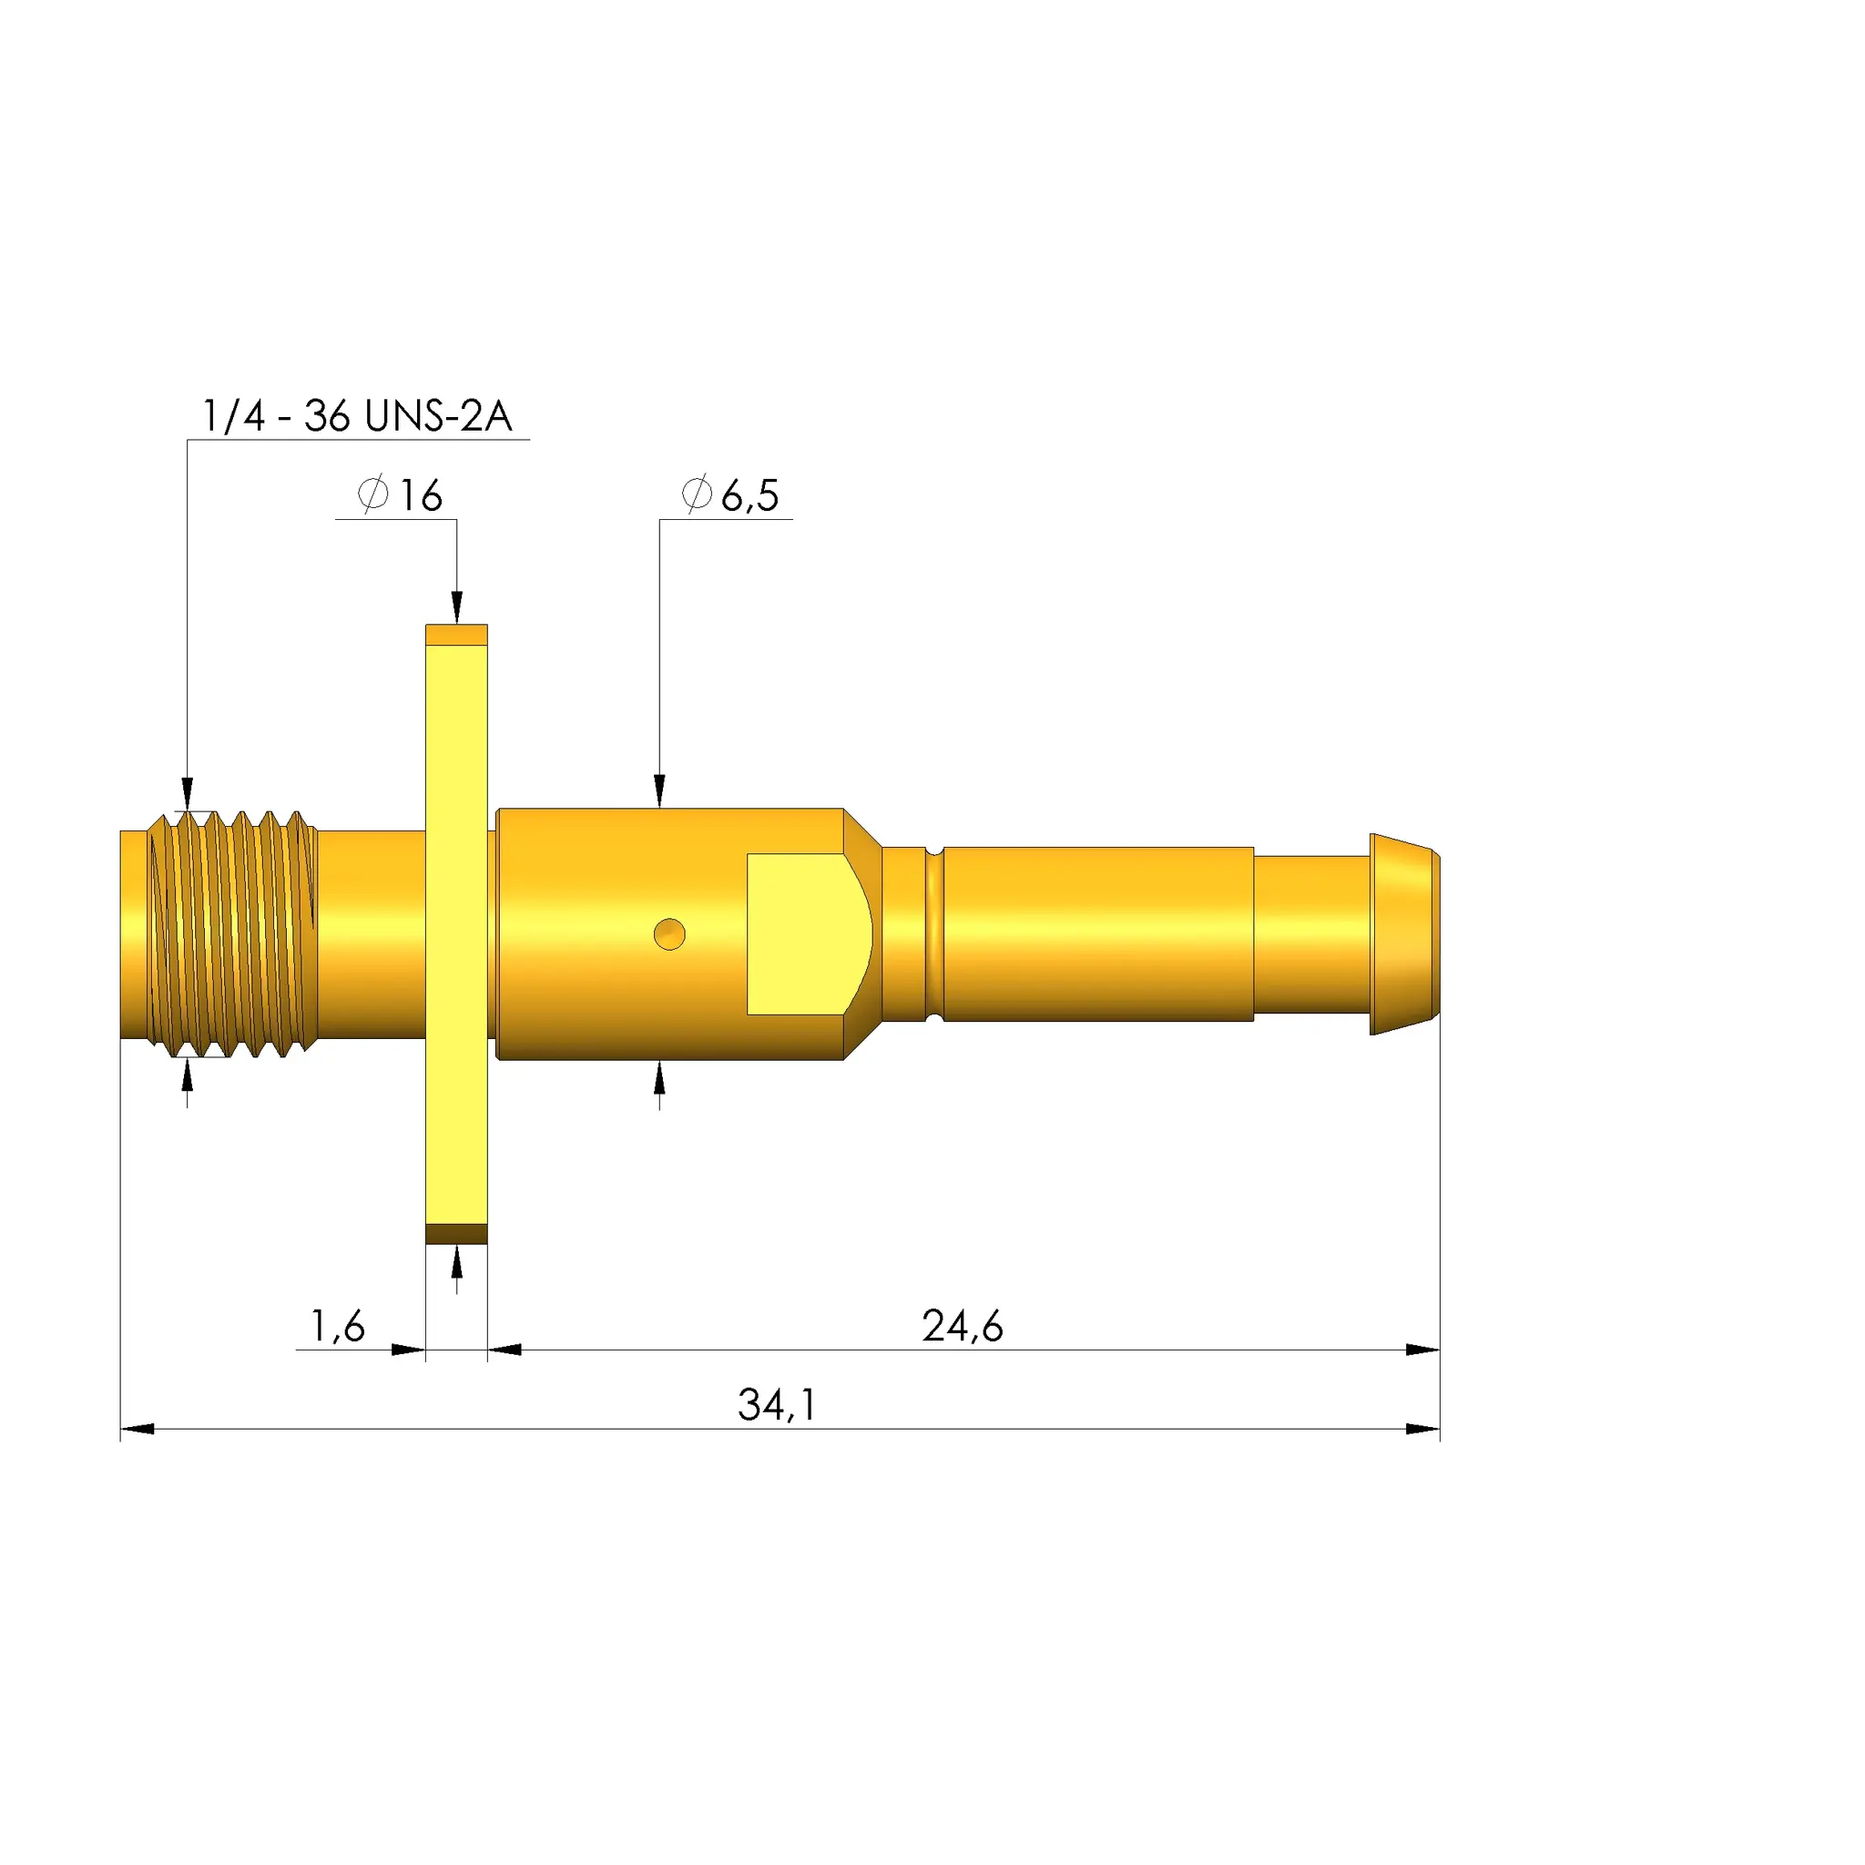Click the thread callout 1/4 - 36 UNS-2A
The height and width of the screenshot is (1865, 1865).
356,416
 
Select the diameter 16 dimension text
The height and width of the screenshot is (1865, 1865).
400,495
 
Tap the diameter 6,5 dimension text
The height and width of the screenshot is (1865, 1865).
729,495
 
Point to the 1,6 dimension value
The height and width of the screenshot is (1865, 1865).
337,1326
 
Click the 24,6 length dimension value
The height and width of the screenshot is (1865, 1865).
963,1326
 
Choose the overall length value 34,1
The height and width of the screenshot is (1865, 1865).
777,1405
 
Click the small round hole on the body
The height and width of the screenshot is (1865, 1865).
669,934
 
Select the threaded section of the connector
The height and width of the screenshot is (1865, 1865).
231,933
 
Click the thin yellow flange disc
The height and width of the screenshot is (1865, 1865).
456,934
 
